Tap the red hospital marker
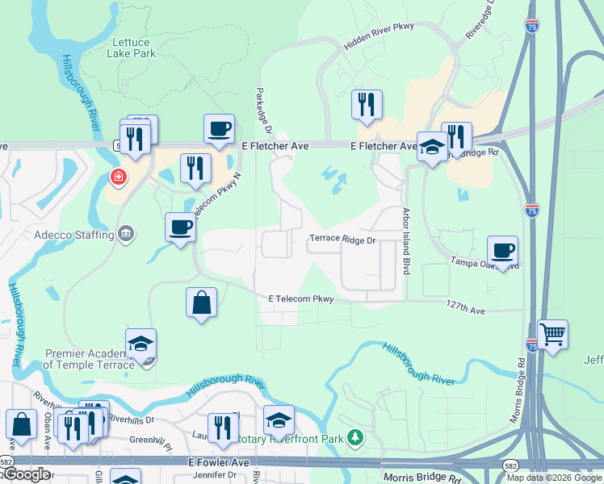coord(118,177)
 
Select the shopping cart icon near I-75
coord(552,335)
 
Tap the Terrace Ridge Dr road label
coord(343,240)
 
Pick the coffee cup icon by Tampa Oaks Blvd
coord(502,251)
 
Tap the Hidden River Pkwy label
coord(379,37)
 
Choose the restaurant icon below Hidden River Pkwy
coord(367,105)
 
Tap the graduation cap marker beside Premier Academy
coord(141,344)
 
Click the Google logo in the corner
coord(26,474)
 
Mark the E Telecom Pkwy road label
coord(300,299)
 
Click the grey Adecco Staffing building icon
coord(126,235)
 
